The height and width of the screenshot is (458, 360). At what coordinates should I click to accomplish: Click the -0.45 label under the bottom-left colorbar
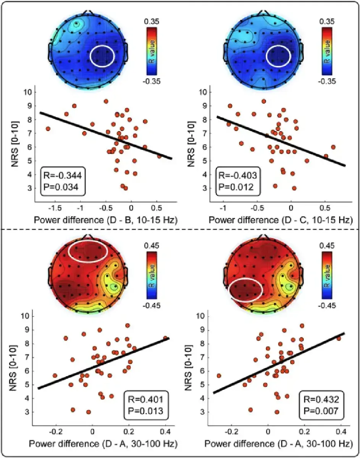click(x=152, y=305)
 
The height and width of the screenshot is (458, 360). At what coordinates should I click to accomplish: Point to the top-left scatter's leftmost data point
click(x=48, y=129)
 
